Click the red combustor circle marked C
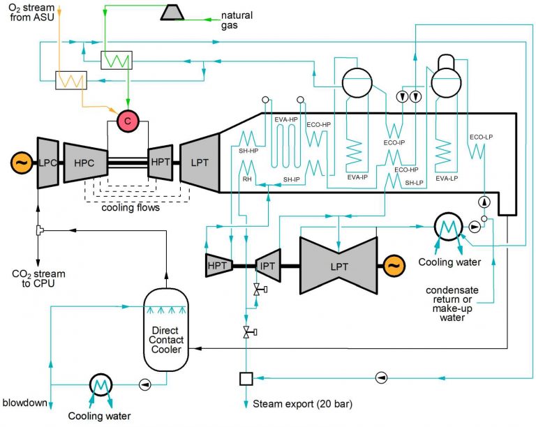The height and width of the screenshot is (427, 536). tap(128, 121)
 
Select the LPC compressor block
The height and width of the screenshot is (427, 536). tap(47, 163)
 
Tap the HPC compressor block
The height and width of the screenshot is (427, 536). tap(87, 163)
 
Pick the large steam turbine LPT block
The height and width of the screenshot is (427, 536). tap(339, 265)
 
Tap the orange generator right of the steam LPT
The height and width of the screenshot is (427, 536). tap(393, 266)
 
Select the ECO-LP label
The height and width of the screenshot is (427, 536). tap(481, 137)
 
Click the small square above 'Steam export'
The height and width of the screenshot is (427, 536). tap(245, 379)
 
